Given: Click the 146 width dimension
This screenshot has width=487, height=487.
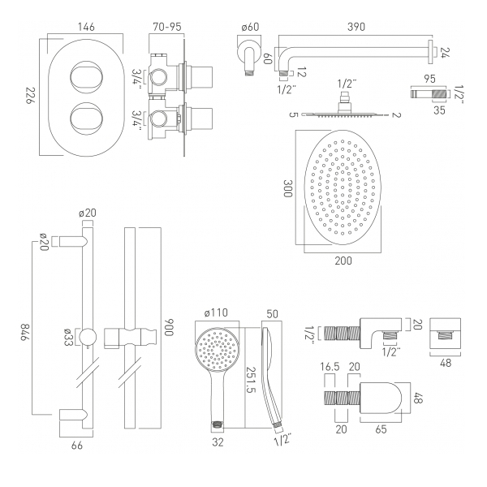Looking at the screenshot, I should pos(85,27).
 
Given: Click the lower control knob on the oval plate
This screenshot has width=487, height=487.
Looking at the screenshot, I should pos(86,116).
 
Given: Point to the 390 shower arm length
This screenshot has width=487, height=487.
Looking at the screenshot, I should pos(355,27).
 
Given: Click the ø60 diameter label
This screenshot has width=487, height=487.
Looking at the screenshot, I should pos(251,27).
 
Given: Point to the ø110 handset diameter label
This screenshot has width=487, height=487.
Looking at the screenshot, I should pos(218,313).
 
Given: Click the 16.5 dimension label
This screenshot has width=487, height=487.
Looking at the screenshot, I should pos(330,367).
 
